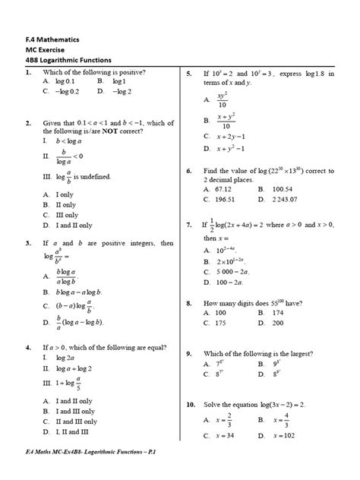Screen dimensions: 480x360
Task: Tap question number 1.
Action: (x=28, y=72)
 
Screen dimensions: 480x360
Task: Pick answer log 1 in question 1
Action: (x=120, y=81)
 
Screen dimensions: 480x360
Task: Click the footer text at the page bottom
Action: (x=95, y=464)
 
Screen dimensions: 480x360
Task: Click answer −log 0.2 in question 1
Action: (x=67, y=92)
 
